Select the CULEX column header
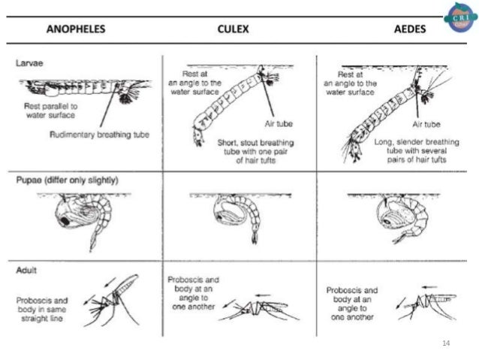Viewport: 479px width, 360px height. pos(234,31)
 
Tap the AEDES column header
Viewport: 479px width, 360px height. pos(410,31)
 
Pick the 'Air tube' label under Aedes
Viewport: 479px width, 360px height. pos(426,123)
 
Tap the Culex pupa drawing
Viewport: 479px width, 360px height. pos(233,218)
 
